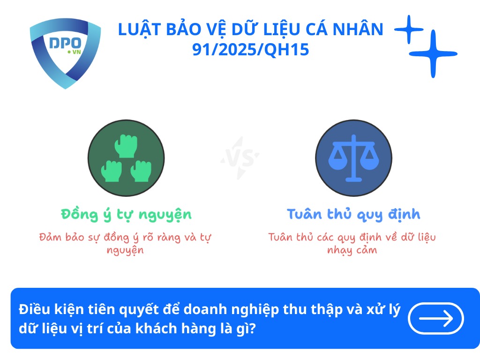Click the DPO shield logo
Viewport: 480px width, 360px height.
(x=65, y=52)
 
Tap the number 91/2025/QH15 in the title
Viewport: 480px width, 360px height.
(x=251, y=50)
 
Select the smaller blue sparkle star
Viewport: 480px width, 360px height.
(x=408, y=30)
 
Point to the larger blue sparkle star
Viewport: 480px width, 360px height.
(x=433, y=54)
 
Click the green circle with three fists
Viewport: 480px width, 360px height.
(x=126, y=157)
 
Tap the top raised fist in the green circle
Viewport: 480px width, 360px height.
(x=126, y=145)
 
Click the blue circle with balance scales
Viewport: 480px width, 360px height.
(x=353, y=157)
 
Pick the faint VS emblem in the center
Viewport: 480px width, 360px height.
(x=240, y=157)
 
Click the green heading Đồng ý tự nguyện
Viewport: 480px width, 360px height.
(x=126, y=214)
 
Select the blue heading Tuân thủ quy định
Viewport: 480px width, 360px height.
(x=353, y=214)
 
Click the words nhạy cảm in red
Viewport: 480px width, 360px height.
(x=352, y=250)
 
